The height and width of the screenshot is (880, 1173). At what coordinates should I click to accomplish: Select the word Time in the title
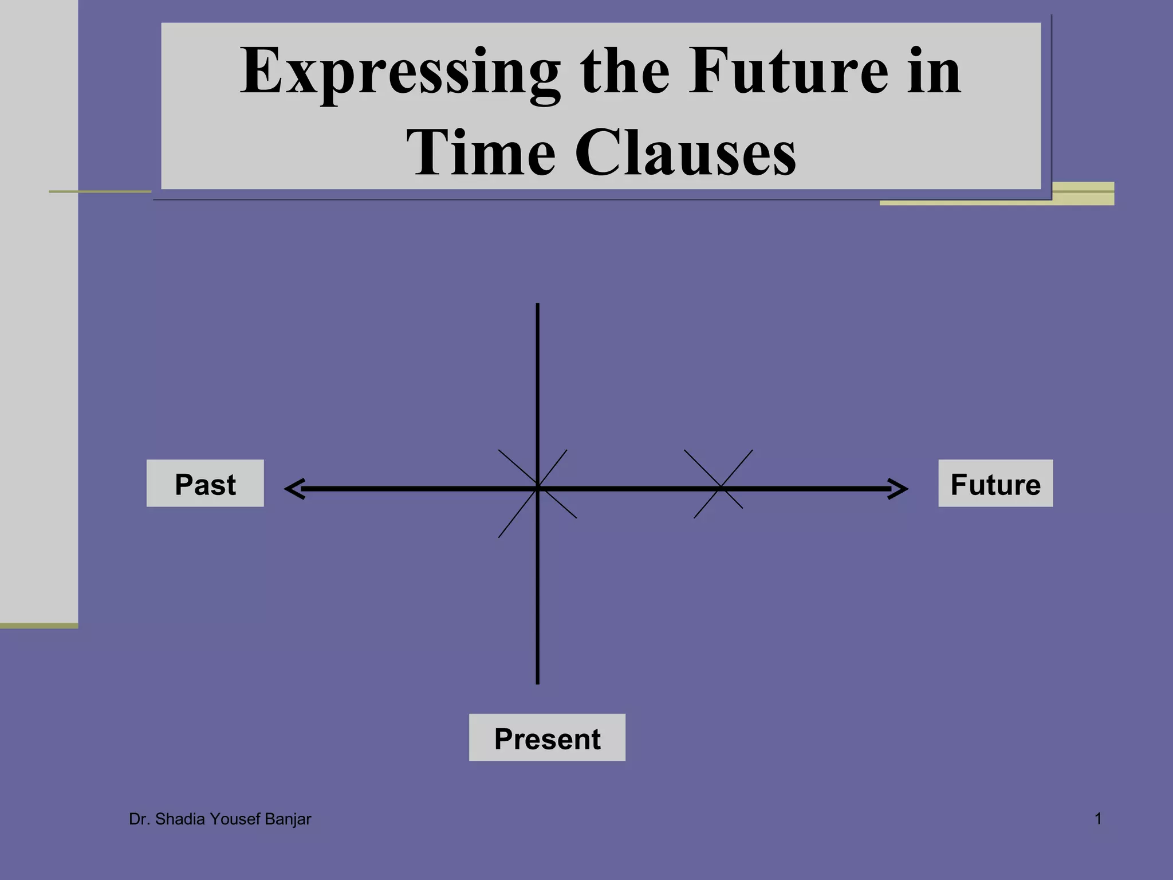[x=481, y=153]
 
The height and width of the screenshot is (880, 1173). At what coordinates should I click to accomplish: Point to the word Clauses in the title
[x=685, y=153]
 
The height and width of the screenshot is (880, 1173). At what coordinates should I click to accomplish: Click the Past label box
[x=205, y=484]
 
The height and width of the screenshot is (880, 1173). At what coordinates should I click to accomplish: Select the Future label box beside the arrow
[x=995, y=484]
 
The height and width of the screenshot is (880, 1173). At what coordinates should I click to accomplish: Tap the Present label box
[x=547, y=737]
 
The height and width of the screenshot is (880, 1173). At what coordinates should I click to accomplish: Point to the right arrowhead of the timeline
[x=900, y=489]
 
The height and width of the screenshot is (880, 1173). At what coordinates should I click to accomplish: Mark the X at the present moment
[x=537, y=489]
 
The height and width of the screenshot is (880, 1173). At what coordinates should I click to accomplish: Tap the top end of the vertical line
[x=537, y=305]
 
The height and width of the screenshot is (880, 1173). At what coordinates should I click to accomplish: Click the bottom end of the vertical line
[x=537, y=682]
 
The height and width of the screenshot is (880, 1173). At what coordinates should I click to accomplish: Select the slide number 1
[x=1098, y=819]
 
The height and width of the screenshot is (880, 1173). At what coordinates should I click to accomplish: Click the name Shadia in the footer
[x=180, y=819]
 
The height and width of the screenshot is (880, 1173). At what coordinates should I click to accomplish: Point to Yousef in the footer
[x=235, y=819]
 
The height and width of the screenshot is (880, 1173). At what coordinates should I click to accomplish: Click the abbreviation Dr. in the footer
[x=139, y=819]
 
